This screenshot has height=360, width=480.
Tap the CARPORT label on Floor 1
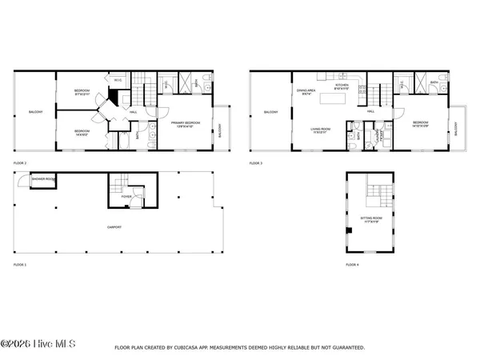115,227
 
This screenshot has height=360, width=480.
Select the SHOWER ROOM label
42,179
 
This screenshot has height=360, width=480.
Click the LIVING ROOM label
322,130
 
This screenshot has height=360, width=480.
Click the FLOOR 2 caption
20,162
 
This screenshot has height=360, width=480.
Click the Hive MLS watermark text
38,345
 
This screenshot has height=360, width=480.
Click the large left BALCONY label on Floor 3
271,112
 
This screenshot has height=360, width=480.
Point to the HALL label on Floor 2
132,112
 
